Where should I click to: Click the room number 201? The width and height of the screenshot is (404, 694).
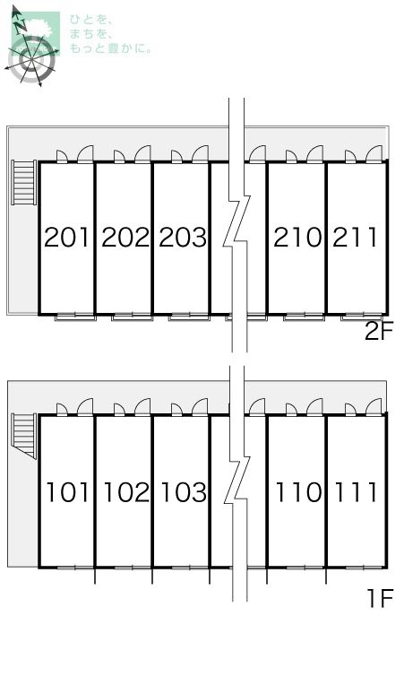coord(67,238)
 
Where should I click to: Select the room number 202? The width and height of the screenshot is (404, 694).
coord(125,238)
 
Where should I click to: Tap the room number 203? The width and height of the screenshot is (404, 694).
coord(183,238)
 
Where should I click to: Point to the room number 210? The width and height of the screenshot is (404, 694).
coord(297,238)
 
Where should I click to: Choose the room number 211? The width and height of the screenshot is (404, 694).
coord(355,238)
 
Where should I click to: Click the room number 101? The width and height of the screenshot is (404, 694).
coord(67,492)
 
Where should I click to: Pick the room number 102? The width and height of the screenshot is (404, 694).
coord(126,492)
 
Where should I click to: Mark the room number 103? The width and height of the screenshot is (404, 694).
coord(184,492)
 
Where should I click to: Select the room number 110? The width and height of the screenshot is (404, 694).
coord(299,492)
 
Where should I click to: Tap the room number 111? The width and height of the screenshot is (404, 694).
coord(356,492)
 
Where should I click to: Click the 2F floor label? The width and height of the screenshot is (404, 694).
coord(379,331)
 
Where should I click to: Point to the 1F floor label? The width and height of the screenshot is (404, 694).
coord(380,599)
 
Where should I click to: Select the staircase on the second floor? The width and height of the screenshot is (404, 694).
coord(24,182)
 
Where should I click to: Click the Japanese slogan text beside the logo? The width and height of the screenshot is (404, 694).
coord(109,34)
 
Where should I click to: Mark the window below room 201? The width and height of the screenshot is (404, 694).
coord(75,317)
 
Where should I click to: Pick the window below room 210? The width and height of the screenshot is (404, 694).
coord(304,317)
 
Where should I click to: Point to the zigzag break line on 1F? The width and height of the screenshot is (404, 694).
coord(236,483)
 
